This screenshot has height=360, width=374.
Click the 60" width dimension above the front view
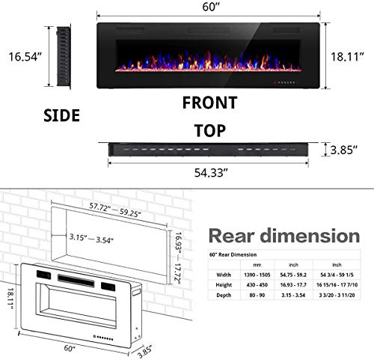(x=209, y=9)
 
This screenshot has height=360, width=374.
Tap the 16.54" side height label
(x=22, y=56)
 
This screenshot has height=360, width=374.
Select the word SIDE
(x=61, y=115)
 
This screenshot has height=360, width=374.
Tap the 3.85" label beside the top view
(x=346, y=150)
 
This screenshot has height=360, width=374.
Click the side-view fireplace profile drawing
(x=62, y=56)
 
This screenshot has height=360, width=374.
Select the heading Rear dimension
(x=283, y=237)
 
